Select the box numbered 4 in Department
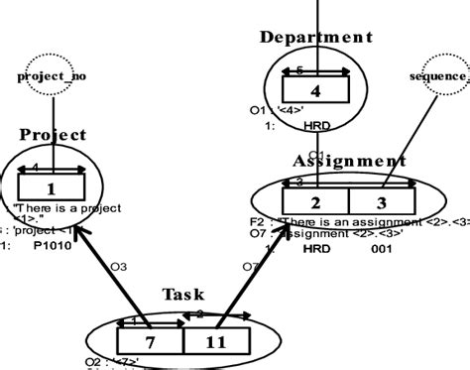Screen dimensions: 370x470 (315, 91)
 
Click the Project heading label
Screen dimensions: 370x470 (52, 135)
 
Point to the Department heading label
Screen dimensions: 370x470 (315, 38)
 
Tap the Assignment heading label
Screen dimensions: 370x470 (349, 161)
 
